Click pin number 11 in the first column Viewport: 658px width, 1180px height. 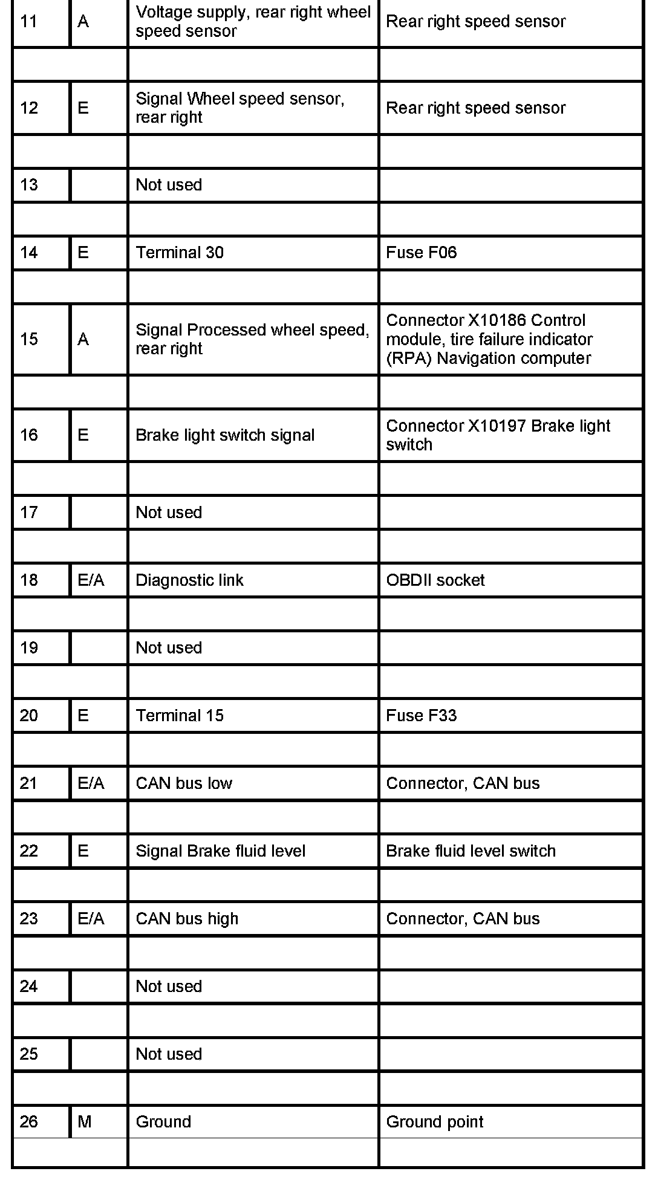pos(28,22)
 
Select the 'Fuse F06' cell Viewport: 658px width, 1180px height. pos(421,252)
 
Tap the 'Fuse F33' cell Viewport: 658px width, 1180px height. pos(421,715)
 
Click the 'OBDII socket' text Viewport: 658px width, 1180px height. pos(435,580)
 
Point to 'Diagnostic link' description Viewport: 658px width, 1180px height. pos(189,580)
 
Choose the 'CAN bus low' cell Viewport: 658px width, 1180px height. pos(184,783)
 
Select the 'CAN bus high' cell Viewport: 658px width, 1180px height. pos(187,918)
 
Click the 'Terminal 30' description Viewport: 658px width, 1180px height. pos(180,252)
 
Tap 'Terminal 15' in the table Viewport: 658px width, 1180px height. pos(180,715)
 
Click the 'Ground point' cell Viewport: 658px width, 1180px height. pos(434,1121)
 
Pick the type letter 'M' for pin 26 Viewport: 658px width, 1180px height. pos(85,1121)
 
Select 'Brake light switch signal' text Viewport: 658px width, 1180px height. pos(225,435)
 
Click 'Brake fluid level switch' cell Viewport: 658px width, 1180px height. pos(471,851)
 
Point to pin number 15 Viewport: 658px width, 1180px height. pos(28,339)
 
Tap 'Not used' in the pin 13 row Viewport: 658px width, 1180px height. pos(169,184)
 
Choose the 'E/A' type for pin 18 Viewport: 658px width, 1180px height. pos(91,580)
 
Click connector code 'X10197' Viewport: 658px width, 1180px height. pos(498,426)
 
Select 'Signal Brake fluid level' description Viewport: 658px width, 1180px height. pos(220,851)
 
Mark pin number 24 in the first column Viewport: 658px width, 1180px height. pos(28,986)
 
